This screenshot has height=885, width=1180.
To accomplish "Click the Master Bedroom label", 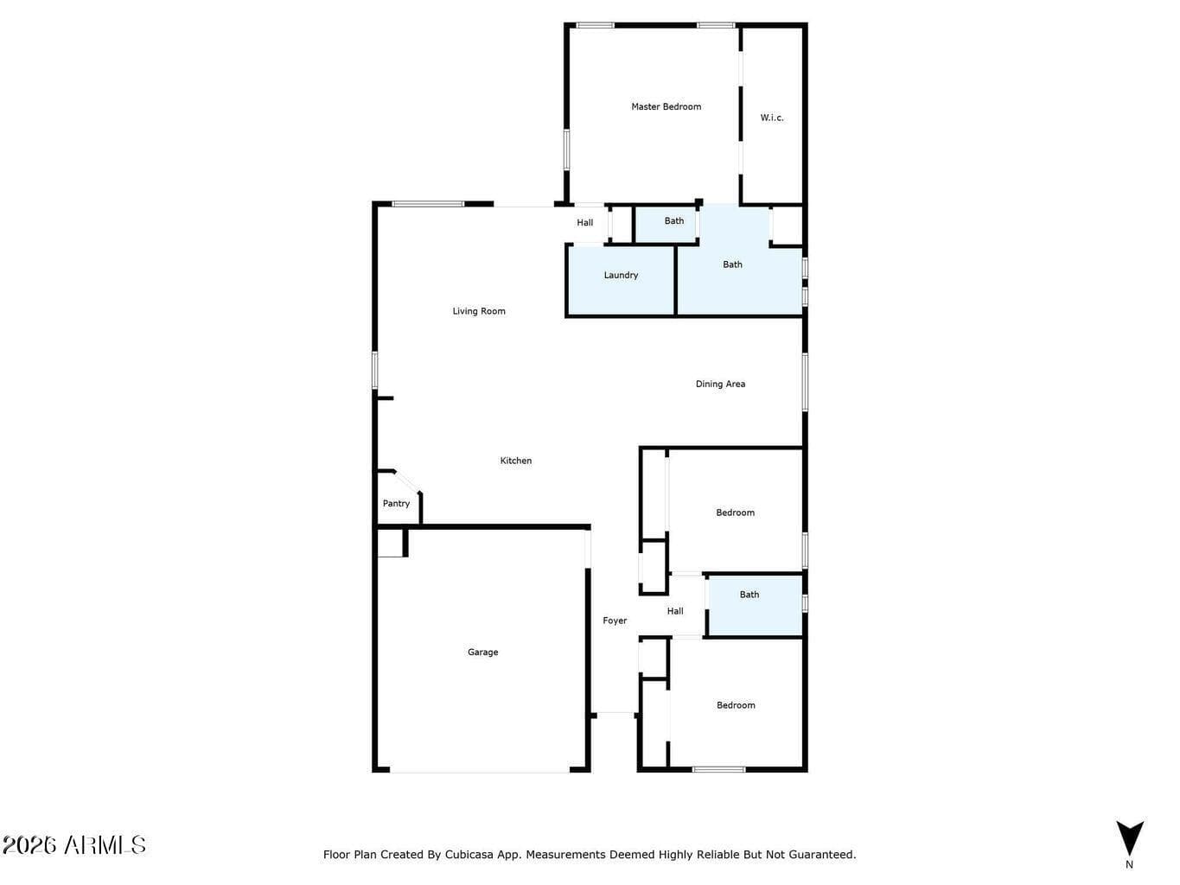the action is tap(666, 106).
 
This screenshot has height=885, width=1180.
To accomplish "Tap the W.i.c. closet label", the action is tap(771, 118).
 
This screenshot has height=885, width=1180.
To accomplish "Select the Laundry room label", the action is tap(621, 275).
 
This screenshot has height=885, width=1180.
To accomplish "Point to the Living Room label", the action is tap(478, 311).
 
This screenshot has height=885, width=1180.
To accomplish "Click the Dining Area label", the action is tap(720, 384).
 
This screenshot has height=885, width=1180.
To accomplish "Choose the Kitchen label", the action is tap(515, 461).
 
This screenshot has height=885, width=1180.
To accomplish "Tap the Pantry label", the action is tap(396, 504).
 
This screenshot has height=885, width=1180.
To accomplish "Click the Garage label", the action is tap(482, 652).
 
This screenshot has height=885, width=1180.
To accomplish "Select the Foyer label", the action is tap(615, 621).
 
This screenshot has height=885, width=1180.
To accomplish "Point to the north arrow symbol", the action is tap(1130, 838).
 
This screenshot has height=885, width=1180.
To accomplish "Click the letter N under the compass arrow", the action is tap(1129, 864).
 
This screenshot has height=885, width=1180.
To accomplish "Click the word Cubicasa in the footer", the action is tap(469, 855).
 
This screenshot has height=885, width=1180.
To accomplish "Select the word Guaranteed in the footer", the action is tap(827, 855).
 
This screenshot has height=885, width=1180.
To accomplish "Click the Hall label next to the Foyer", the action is tap(675, 611).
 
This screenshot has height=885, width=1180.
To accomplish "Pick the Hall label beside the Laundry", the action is tap(585, 222).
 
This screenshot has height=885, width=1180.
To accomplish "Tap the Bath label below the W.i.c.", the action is tap(732, 264).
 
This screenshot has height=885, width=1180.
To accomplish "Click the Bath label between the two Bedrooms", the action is tap(749, 595).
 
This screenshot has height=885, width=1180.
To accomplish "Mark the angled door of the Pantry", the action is tap(407, 481).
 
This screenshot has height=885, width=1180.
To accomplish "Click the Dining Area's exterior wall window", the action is tap(805, 382).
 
